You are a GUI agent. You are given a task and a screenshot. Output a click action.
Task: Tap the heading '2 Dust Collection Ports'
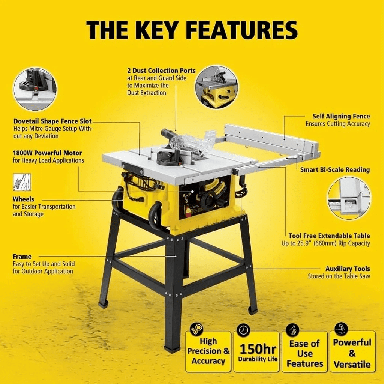(161, 70)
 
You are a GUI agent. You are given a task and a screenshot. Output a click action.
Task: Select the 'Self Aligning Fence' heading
(341, 116)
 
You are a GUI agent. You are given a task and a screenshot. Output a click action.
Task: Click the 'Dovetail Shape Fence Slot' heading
(52, 121)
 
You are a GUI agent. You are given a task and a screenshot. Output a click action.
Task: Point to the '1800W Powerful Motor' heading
(48, 153)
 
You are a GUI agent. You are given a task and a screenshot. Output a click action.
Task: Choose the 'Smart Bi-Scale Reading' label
(335, 170)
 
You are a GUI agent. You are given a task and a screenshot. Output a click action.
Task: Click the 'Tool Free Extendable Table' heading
(329, 236)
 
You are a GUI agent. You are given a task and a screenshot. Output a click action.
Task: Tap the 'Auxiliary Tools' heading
(348, 268)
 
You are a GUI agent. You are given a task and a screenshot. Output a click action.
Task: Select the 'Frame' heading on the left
(22, 256)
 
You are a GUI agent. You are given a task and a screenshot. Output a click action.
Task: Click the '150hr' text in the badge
(258, 349)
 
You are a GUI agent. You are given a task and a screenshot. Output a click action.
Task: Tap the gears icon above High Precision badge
(196, 328)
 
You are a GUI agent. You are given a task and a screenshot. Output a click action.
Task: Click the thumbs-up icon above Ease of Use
(292, 330)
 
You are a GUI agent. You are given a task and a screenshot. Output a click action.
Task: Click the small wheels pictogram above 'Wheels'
(22, 182)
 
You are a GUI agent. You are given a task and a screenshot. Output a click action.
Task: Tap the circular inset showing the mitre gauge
(35, 88)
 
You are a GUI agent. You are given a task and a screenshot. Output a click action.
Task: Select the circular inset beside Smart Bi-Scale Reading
(349, 198)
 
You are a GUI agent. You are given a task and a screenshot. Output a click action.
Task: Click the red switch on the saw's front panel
(189, 211)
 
